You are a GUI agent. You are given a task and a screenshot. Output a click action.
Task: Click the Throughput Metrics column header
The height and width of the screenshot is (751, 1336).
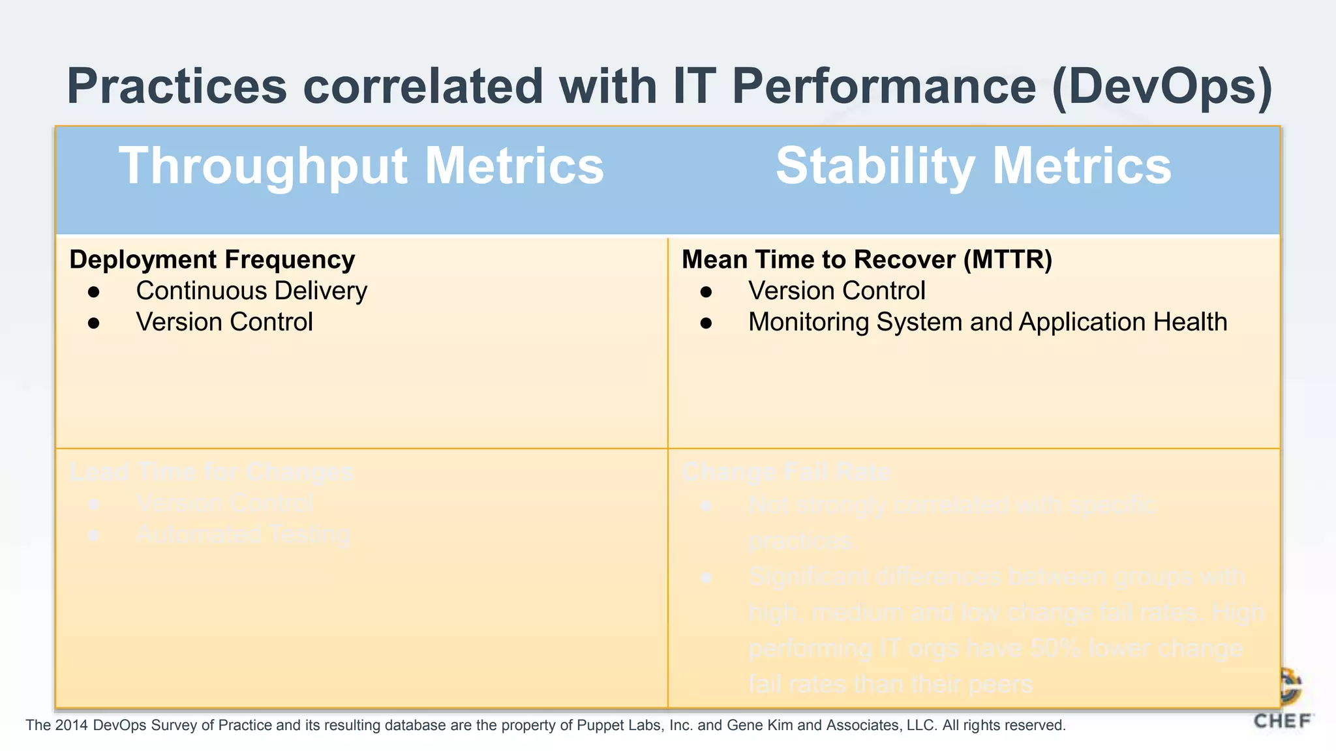361,166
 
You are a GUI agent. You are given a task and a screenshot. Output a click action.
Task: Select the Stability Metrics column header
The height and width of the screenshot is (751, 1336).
973,166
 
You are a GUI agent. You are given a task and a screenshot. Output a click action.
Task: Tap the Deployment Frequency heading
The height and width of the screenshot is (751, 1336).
212,259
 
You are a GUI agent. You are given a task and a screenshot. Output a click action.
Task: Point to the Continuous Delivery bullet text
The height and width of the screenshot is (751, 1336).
251,291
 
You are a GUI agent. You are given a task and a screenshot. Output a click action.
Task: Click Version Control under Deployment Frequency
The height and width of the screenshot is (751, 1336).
224,322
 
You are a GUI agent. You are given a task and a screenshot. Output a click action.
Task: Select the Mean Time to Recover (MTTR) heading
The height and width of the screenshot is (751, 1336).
867,259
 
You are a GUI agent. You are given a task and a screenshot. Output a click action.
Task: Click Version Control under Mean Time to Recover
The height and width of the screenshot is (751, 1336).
836,291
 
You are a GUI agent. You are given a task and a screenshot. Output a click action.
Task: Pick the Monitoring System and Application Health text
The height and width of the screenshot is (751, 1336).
988,322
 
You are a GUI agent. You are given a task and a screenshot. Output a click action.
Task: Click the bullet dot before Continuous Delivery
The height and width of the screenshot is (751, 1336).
94,292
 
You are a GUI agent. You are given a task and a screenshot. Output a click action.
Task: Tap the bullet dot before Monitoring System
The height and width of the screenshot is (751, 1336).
706,323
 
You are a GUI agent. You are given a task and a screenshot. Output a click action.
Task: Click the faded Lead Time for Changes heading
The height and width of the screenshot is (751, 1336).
212,472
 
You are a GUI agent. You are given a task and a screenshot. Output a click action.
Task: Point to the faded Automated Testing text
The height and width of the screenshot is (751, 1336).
243,535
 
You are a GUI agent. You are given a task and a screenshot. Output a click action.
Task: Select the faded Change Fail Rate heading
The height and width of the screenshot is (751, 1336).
786,472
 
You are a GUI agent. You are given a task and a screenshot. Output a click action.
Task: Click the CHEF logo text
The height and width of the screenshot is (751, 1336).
1282,722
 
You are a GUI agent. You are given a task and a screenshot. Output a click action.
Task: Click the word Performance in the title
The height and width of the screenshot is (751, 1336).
884,87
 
